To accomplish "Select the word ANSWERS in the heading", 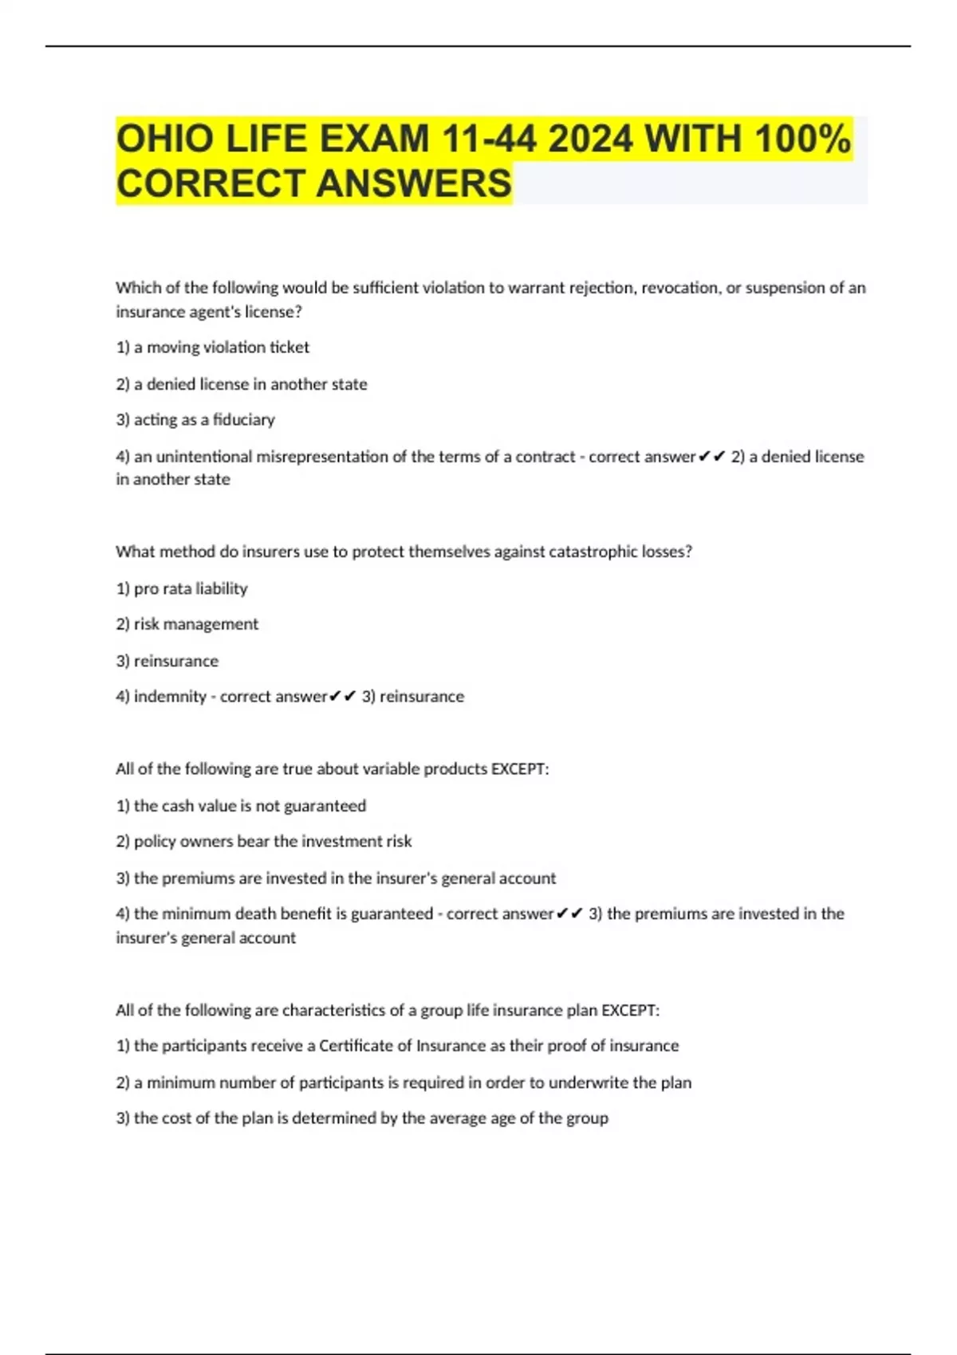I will click(x=414, y=183).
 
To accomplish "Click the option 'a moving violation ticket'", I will click(x=213, y=348).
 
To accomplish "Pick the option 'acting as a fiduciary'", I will click(x=195, y=420).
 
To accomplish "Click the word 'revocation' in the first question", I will click(x=679, y=288).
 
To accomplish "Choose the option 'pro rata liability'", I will click(x=182, y=589).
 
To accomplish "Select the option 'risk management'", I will click(x=187, y=624).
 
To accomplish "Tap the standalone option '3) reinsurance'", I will click(x=167, y=661).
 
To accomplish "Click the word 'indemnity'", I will click(x=170, y=697).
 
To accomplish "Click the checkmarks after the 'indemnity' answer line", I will click(x=342, y=697).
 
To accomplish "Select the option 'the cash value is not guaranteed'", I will click(x=242, y=806).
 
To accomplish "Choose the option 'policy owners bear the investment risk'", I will click(x=264, y=842).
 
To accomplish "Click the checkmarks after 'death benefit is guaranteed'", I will click(x=569, y=913).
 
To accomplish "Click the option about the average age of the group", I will click(x=363, y=1118).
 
